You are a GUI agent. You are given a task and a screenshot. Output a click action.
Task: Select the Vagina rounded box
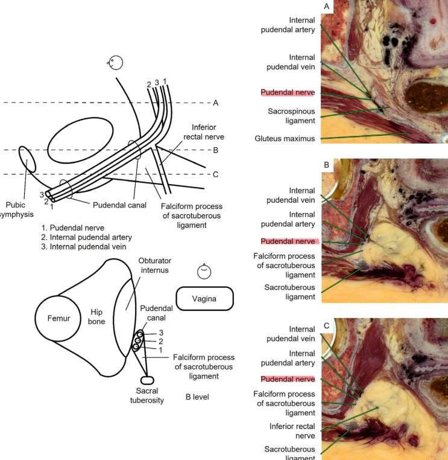[206, 298]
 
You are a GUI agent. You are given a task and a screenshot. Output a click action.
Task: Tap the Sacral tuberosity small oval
[147, 380]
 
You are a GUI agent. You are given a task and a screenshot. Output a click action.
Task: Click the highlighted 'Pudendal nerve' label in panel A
[288, 92]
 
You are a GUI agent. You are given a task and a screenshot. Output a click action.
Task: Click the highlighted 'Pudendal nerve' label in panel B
[288, 241]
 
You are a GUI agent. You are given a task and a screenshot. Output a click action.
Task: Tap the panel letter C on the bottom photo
[326, 326]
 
